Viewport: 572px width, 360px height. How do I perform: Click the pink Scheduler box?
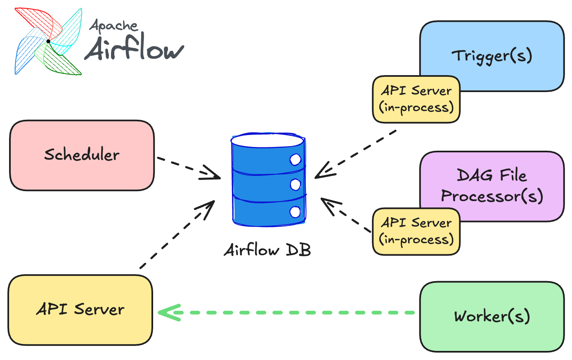(x=82, y=155)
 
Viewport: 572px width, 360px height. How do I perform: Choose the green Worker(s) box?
(x=492, y=317)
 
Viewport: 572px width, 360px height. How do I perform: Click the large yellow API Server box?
(x=80, y=310)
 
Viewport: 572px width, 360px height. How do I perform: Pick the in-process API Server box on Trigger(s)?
(x=416, y=99)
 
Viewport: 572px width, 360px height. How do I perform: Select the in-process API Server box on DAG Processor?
(x=416, y=232)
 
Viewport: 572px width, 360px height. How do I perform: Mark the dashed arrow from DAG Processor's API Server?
(x=347, y=215)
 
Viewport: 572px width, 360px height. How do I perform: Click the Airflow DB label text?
(x=267, y=250)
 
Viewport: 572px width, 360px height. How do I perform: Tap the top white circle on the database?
(x=295, y=159)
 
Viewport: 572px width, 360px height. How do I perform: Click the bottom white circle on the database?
(x=295, y=212)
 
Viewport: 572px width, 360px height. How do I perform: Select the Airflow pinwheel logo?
(x=48, y=41)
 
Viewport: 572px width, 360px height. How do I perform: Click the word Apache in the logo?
(x=113, y=26)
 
